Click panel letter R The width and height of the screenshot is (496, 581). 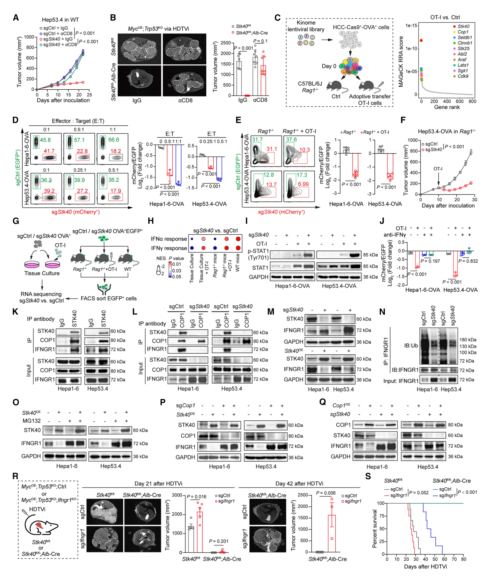pos(15,476)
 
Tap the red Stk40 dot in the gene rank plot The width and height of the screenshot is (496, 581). pos(421,41)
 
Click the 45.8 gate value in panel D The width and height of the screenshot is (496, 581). pos(45,140)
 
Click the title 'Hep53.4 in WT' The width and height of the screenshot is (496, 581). pos(60,20)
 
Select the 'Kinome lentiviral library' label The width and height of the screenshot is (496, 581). pos(306,26)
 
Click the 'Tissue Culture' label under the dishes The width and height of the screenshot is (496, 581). pos(42,273)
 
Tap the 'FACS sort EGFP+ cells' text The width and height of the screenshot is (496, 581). pos(109,298)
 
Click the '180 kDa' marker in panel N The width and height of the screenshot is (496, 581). pos(468,340)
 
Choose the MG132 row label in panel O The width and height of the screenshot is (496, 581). pos(31,421)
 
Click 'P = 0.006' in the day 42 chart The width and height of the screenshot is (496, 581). pos(326,493)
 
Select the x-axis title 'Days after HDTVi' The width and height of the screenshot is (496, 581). pos(425,567)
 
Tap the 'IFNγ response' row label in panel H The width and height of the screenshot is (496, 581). pos(169,248)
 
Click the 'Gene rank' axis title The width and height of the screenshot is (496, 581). pos(447,107)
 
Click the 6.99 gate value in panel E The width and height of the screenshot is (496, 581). pos(303,184)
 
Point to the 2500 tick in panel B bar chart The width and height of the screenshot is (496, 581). pos(226,43)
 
